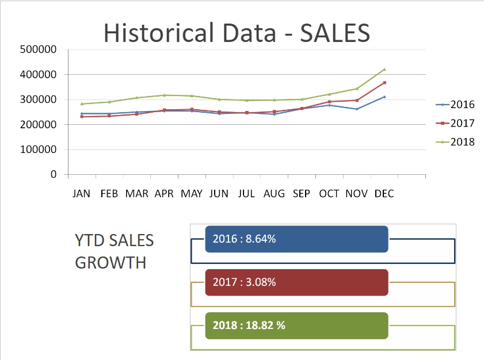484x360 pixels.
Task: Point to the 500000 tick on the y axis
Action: click(x=37, y=49)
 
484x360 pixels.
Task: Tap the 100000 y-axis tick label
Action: click(x=37, y=150)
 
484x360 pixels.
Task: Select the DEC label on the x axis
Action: click(x=384, y=194)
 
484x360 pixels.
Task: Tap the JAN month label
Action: click(x=82, y=194)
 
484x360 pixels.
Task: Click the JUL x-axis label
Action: click(x=247, y=194)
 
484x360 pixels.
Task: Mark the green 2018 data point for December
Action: click(x=384, y=70)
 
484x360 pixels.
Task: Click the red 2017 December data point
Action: click(x=384, y=83)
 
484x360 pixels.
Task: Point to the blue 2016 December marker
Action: click(x=384, y=97)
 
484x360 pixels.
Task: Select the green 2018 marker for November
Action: click(x=357, y=89)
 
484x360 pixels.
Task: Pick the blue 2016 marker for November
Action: click(x=357, y=109)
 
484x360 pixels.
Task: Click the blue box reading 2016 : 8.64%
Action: click(x=296, y=239)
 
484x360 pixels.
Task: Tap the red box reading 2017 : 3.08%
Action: click(x=296, y=282)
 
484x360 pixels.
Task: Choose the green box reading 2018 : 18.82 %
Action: click(x=296, y=325)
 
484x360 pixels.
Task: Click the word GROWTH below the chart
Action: click(x=110, y=263)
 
